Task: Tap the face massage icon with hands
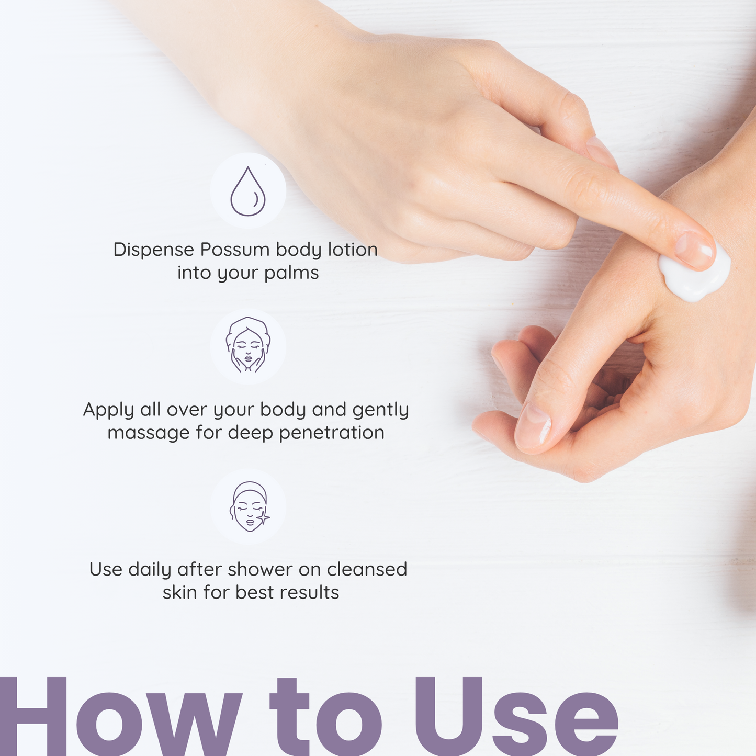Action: click(x=248, y=344)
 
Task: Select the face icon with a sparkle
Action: click(x=250, y=506)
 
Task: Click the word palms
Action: click(x=291, y=273)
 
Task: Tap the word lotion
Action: click(x=353, y=250)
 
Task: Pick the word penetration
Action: click(x=332, y=433)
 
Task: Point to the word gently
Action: click(x=380, y=410)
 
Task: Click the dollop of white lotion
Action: click(x=695, y=275)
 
